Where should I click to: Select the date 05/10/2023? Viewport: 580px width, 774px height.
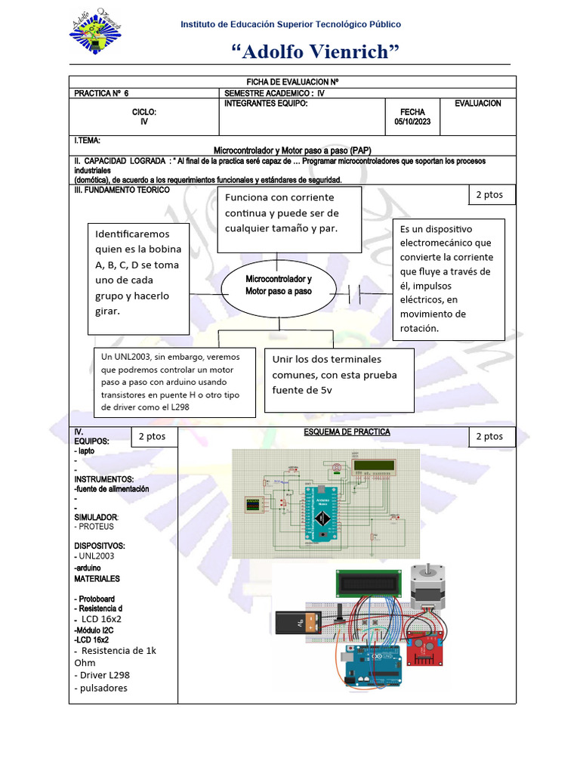(x=412, y=122)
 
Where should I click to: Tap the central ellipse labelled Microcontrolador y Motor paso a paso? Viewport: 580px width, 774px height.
(x=278, y=286)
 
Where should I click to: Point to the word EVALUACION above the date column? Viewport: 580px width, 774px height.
(x=477, y=104)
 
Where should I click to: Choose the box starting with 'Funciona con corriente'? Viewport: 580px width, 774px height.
(x=289, y=218)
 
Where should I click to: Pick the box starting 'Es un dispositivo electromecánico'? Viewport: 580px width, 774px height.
(x=449, y=278)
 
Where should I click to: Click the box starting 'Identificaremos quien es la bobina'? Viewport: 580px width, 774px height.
(x=138, y=280)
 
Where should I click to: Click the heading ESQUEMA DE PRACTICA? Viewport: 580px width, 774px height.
(x=347, y=432)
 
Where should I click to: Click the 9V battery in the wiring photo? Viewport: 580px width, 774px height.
(x=300, y=623)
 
